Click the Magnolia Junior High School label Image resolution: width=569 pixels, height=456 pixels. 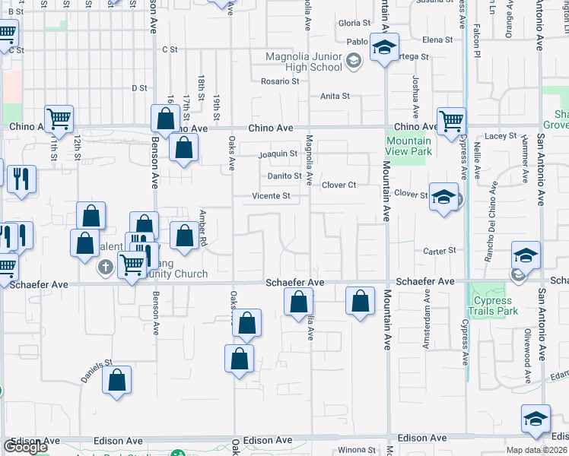tap(304, 62)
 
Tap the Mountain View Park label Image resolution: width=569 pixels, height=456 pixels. tap(408, 146)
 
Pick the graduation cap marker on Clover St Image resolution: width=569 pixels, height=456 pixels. tap(443, 198)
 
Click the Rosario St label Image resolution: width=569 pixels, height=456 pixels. tap(280, 81)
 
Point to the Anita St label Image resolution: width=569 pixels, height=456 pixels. tap(335, 97)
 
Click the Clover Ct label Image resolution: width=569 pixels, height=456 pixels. tap(339, 185)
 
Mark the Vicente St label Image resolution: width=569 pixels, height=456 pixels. tap(272, 196)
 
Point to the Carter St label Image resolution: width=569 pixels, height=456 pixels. tap(440, 250)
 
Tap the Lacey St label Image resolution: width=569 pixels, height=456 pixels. tap(501, 136)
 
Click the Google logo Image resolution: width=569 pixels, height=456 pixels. tap(25, 447)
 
